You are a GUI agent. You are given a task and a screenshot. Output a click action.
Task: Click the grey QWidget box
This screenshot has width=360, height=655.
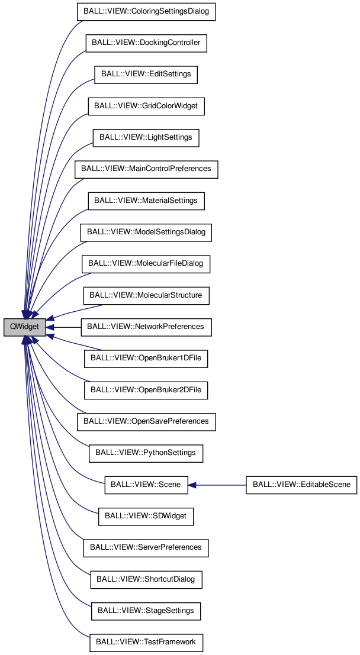tap(25, 327)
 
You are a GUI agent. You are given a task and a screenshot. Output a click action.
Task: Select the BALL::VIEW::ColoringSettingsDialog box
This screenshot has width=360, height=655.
tap(146, 12)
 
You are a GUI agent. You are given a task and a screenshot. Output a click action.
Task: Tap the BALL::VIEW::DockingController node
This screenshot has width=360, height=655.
tap(146, 43)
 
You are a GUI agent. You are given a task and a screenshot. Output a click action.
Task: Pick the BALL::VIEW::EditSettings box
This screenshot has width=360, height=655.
tap(146, 75)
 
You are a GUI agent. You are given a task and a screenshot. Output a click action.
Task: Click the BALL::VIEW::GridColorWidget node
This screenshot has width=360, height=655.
tap(146, 106)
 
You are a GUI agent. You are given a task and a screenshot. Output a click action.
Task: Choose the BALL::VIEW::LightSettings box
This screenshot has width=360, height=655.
tap(146, 137)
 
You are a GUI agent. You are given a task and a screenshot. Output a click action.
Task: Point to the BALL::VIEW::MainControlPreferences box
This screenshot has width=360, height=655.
tap(146, 169)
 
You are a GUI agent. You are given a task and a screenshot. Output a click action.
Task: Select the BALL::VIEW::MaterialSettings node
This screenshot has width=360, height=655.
tap(146, 201)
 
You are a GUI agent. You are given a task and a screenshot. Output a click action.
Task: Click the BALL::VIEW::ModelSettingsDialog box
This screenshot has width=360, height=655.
tap(146, 232)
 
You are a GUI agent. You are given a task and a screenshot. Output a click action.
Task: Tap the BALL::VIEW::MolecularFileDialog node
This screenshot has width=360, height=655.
tap(146, 263)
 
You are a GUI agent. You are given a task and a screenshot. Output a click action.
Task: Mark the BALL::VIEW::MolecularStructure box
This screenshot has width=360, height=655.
tap(146, 295)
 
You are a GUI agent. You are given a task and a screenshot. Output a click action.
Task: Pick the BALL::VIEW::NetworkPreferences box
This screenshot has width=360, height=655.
tap(146, 327)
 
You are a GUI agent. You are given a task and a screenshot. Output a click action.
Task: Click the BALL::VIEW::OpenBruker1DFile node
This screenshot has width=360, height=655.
tap(146, 358)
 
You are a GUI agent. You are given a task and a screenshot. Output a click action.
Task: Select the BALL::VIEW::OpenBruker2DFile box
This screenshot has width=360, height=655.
tap(146, 390)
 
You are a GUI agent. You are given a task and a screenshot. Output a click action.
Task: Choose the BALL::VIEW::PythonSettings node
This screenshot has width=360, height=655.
tap(146, 453)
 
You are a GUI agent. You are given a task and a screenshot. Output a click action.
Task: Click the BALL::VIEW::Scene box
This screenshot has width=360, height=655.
tap(146, 484)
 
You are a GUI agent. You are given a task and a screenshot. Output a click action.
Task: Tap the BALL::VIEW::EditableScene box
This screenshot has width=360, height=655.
tap(301, 484)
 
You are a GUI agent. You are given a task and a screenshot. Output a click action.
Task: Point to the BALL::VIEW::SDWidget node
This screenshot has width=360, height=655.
tap(146, 516)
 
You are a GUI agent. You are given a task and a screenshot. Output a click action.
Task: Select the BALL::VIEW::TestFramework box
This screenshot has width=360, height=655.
tap(146, 642)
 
